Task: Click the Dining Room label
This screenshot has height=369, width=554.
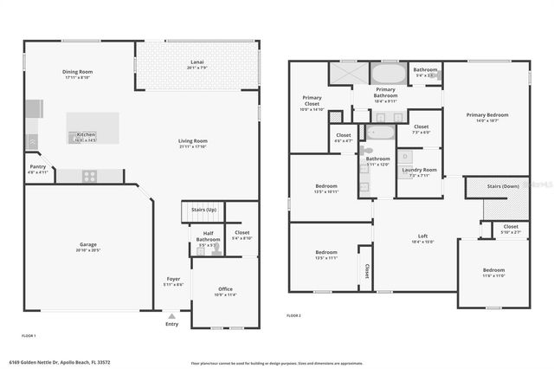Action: coord(77,72)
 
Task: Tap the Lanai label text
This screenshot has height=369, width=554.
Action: coord(197,62)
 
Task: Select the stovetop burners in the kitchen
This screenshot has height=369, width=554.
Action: coord(89,175)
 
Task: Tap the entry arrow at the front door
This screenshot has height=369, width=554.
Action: coord(171,314)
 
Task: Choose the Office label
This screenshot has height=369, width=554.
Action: coord(225,288)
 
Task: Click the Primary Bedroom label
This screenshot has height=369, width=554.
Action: coord(487,114)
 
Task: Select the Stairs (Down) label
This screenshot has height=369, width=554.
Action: coord(504,185)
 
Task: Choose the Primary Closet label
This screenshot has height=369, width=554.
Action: coord(312,100)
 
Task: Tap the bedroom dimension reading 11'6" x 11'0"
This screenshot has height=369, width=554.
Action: coord(493,275)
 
